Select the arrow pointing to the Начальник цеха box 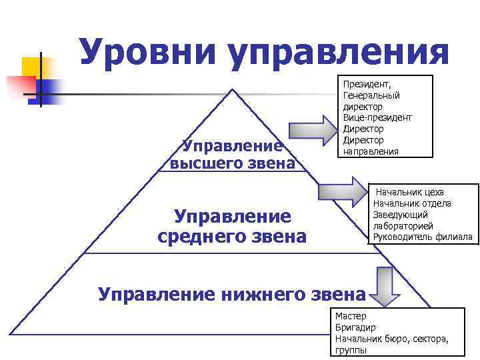(343, 192)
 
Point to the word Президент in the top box (367, 84)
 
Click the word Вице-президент (377, 117)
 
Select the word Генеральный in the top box (373, 95)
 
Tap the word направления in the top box (371, 151)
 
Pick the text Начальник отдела (412, 203)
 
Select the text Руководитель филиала (423, 237)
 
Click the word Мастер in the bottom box (351, 316)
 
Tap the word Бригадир (355, 327)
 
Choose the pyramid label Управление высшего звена (233, 154)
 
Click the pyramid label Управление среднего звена (232, 226)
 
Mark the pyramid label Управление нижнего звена (231, 294)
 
